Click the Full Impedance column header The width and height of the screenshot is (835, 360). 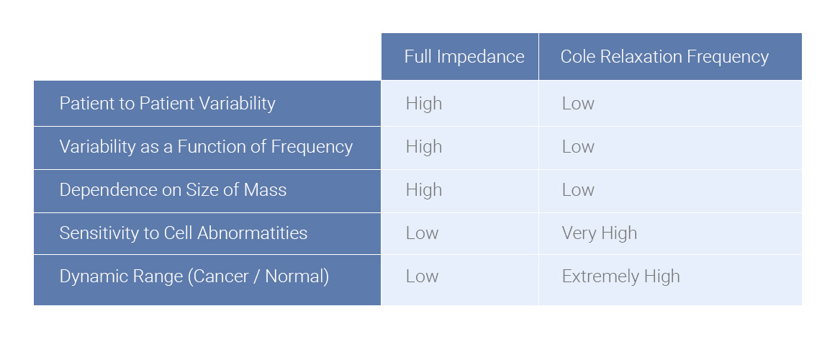(464, 57)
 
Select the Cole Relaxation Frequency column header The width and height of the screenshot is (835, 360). (664, 57)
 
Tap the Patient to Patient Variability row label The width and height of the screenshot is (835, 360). (167, 104)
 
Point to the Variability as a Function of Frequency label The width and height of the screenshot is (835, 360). (206, 147)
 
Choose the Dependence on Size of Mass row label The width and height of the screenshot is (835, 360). (173, 190)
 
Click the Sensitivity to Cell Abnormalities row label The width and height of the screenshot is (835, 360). (183, 233)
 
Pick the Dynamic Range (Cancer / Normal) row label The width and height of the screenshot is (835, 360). (194, 276)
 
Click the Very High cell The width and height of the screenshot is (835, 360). (599, 233)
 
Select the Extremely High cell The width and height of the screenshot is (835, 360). (620, 276)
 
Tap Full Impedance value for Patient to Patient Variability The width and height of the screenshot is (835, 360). (423, 104)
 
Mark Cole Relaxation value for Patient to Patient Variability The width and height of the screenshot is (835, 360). (578, 104)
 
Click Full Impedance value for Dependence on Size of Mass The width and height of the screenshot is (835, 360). (423, 190)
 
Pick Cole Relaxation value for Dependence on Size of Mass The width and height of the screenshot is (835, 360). (578, 190)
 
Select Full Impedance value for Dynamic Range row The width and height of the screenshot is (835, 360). (422, 276)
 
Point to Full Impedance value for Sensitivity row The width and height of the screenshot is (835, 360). (422, 233)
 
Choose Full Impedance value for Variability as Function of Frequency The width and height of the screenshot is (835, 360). (423, 147)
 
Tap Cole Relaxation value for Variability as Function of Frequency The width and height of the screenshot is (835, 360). (578, 147)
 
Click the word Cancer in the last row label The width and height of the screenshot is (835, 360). (219, 276)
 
